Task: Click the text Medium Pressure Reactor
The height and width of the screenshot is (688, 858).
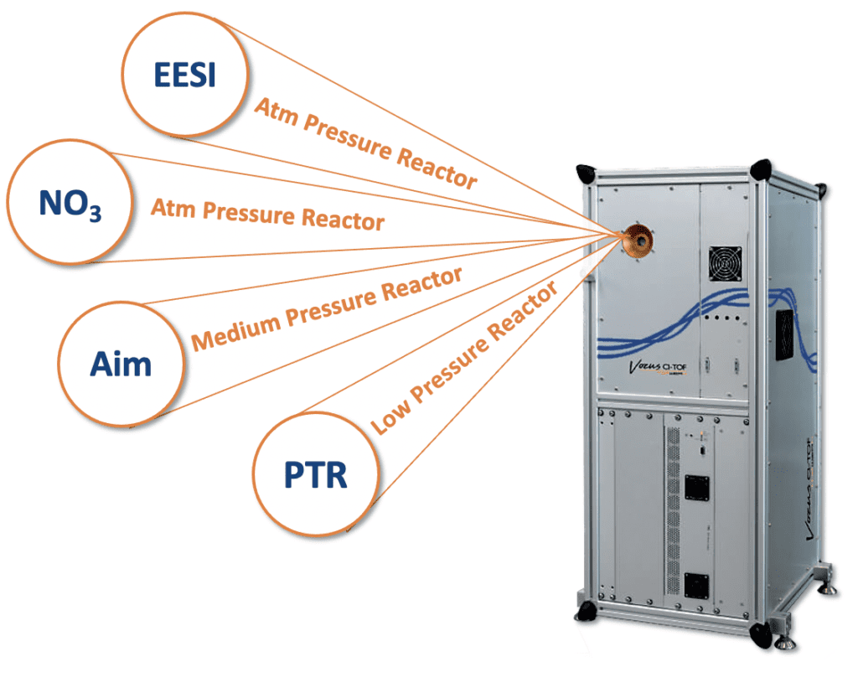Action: pyautogui.click(x=327, y=309)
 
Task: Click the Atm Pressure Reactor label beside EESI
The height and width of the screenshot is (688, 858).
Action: pyautogui.click(x=365, y=141)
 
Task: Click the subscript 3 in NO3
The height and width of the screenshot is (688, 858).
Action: pyautogui.click(x=95, y=213)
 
